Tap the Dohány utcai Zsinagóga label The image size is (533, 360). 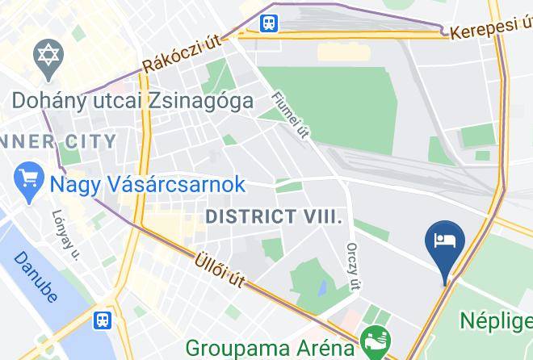pos(132,101)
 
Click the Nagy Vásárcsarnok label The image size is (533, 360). pos(148,184)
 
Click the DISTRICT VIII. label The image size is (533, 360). pos(275,217)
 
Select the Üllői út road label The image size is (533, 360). pos(220,273)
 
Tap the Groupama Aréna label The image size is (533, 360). pos(270,348)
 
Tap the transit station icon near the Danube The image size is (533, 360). pos(102,320)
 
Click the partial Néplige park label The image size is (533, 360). pos(496,320)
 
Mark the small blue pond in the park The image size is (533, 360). pos(322,286)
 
